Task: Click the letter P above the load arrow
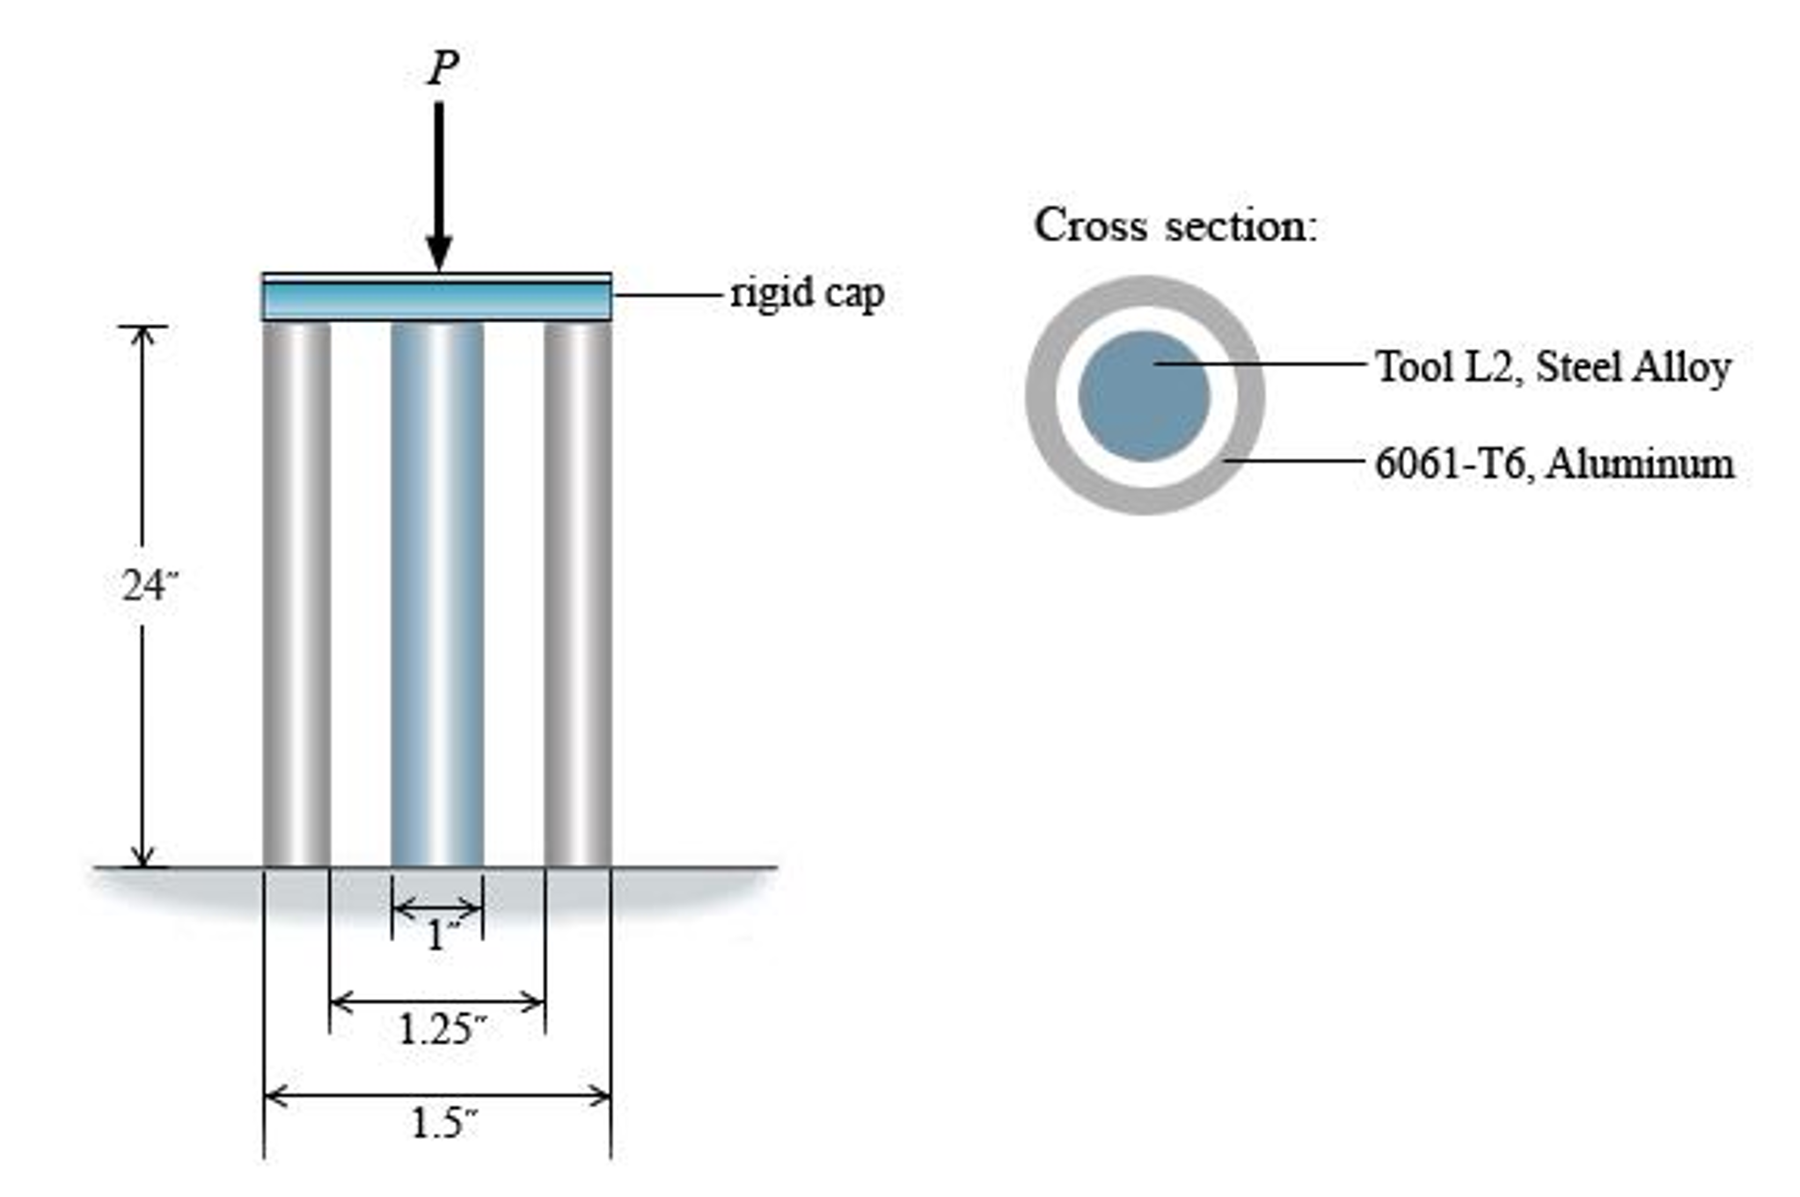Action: pyautogui.click(x=443, y=68)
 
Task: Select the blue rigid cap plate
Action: pyautogui.click(x=436, y=300)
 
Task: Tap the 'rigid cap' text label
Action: pyautogui.click(x=807, y=294)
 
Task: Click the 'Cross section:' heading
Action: pyautogui.click(x=1175, y=225)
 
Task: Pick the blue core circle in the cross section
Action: pyautogui.click(x=1144, y=396)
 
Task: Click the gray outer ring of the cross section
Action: pyautogui.click(x=1042, y=396)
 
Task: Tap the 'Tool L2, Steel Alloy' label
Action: pyautogui.click(x=1553, y=366)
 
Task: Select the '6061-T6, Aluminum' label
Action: pyautogui.click(x=1554, y=463)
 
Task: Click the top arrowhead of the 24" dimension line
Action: pyautogui.click(x=143, y=334)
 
